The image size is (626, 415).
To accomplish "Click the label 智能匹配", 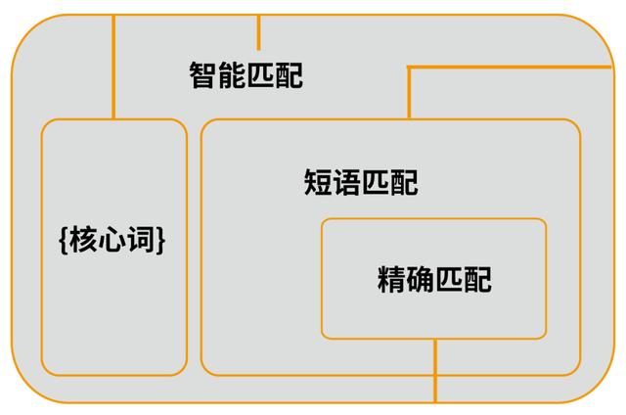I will [246, 75].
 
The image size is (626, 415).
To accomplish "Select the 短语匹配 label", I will [361, 182].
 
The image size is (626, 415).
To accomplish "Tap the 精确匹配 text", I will [434, 280].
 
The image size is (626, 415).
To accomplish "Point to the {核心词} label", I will [112, 240].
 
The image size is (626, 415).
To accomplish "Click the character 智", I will [202, 75].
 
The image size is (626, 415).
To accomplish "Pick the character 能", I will [232, 75].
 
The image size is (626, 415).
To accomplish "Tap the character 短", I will [318, 182].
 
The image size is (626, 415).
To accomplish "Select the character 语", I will [347, 182].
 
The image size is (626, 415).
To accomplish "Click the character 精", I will [391, 280].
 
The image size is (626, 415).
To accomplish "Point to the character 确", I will [421, 280].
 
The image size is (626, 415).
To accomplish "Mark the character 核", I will [84, 240].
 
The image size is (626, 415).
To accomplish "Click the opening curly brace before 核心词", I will [65, 240].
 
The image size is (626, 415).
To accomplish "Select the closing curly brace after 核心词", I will [159, 240].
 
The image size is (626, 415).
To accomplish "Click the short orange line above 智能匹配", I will [258, 32].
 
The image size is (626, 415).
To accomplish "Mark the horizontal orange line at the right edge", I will [509, 67].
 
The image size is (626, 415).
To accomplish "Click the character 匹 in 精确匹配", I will [449, 280].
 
